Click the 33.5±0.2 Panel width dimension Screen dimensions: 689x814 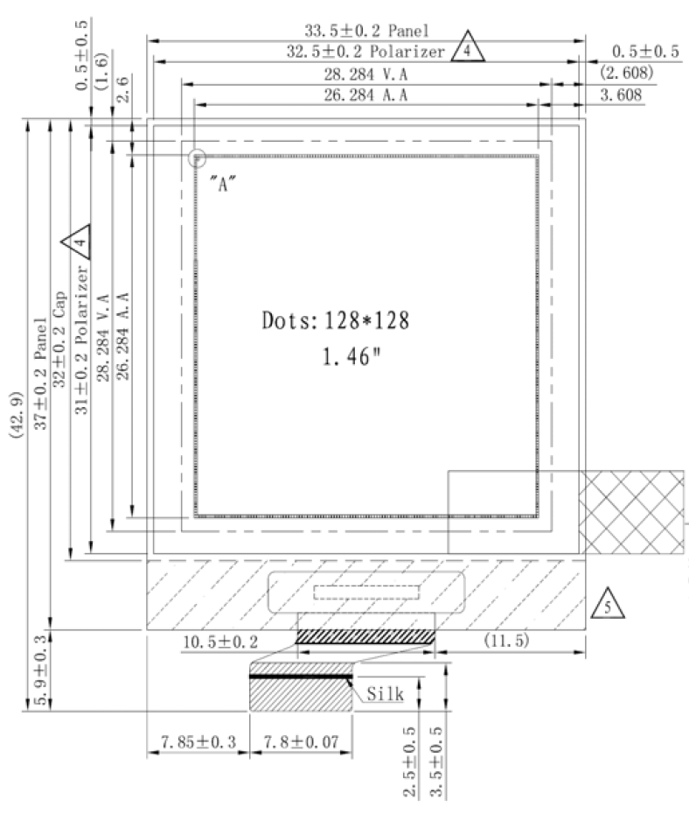(366, 31)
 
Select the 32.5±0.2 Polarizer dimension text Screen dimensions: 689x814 (365, 52)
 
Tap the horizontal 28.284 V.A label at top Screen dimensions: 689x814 (366, 74)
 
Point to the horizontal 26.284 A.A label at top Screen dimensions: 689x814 (366, 95)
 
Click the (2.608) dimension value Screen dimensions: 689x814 (626, 72)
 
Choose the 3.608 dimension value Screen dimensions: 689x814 (621, 95)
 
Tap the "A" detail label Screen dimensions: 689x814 (224, 184)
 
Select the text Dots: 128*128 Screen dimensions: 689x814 (336, 320)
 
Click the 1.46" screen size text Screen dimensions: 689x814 (351, 356)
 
